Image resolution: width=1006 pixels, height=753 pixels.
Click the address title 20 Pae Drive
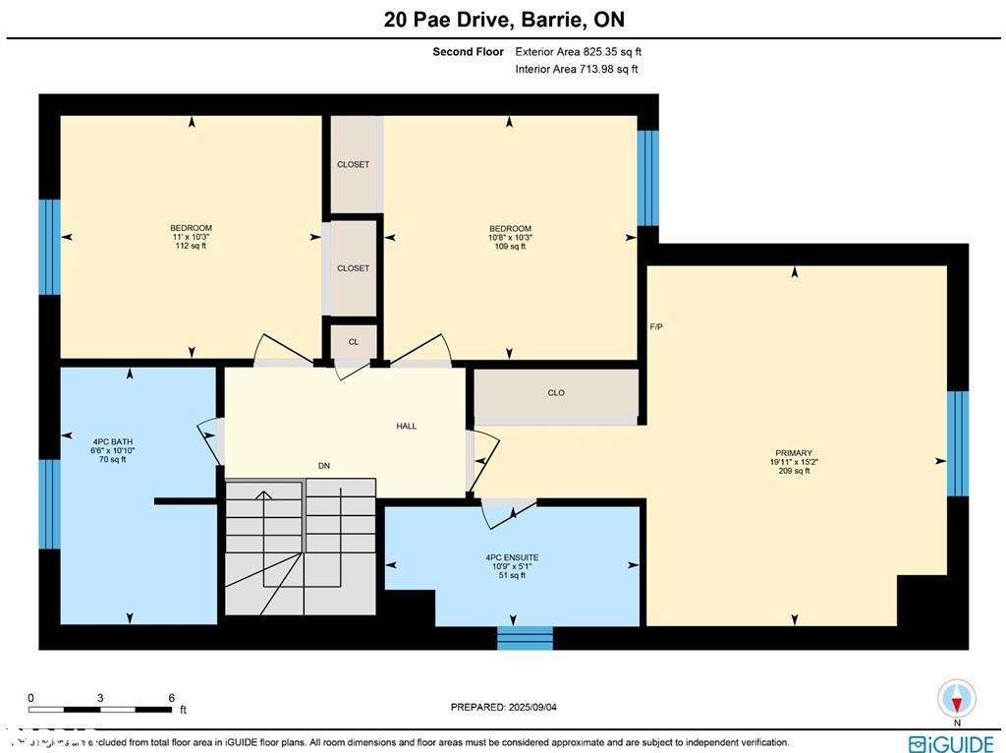502,20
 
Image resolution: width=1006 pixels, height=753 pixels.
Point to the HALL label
406,426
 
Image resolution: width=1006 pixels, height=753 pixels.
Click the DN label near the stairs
324,466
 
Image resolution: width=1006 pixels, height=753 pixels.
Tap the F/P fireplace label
656,326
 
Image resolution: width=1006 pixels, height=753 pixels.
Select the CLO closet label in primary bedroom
556,392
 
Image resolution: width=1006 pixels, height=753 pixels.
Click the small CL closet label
353,342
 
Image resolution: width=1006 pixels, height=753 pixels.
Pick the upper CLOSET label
353,164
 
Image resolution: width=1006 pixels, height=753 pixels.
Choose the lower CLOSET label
353,267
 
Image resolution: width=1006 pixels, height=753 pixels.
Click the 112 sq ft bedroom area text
191,246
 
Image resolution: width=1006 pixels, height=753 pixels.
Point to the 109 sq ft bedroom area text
510,247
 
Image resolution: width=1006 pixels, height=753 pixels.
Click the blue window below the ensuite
525,637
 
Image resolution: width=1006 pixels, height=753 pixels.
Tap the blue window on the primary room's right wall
957,443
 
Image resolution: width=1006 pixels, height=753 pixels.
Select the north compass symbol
956,699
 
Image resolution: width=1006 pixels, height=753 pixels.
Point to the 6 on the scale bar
171,698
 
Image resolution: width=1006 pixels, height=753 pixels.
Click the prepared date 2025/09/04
510,707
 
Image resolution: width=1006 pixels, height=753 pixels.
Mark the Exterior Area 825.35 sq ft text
578,51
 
